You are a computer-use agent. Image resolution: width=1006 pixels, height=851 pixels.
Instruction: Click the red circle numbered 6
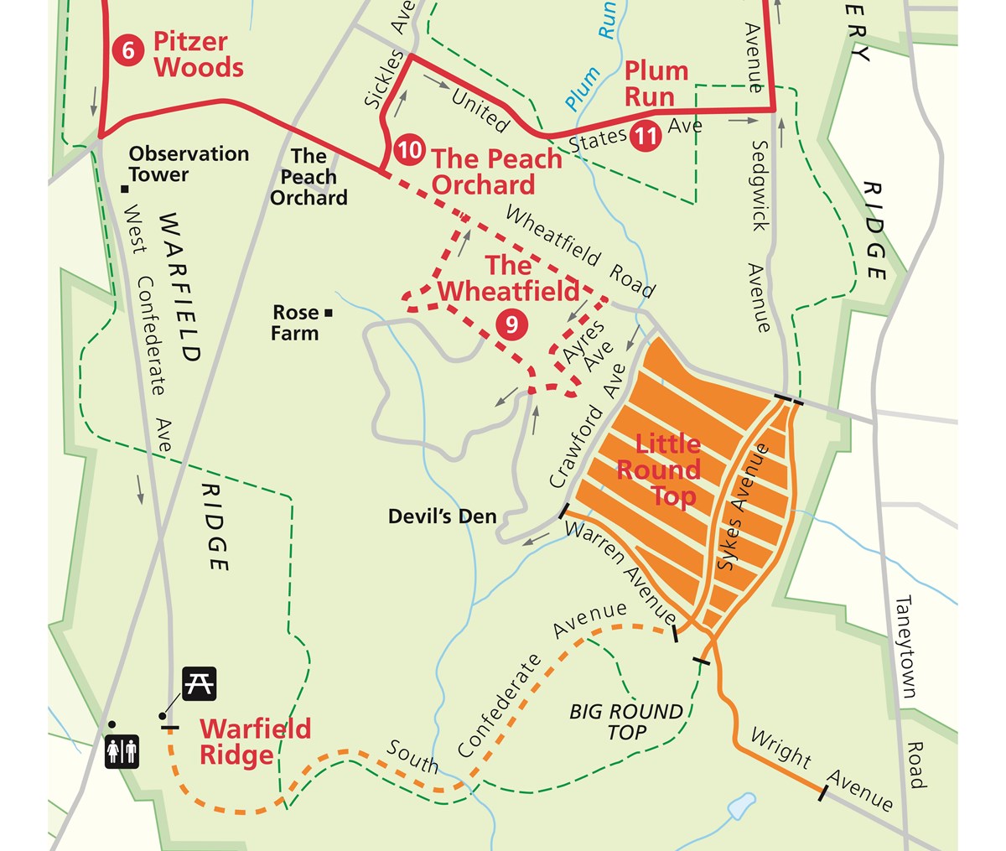coord(127,50)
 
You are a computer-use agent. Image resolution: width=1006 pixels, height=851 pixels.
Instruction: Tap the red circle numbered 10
coord(410,150)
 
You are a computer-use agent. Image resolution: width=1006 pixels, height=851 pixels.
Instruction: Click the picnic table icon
coord(200,682)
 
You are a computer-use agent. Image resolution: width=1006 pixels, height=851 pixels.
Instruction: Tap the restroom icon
coord(122,751)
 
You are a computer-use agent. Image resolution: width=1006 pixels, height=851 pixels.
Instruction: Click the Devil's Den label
coord(442,516)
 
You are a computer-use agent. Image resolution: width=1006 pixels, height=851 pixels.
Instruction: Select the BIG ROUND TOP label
coord(626,722)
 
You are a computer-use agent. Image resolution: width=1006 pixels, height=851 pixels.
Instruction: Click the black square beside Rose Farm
coord(329,313)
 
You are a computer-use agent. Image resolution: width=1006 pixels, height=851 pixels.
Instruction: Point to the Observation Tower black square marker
coord(123,188)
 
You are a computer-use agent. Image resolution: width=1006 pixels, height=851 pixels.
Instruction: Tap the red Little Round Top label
coord(658,470)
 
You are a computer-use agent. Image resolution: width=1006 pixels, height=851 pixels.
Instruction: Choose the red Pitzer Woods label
coord(199,54)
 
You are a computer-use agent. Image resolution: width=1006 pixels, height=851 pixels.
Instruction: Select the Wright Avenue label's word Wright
coord(780,749)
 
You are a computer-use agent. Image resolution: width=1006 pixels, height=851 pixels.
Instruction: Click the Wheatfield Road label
coord(578,251)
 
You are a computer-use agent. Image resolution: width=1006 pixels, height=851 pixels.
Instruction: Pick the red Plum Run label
coord(656,83)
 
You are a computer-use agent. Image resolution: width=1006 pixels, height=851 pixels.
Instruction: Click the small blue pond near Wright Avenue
coord(739,807)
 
